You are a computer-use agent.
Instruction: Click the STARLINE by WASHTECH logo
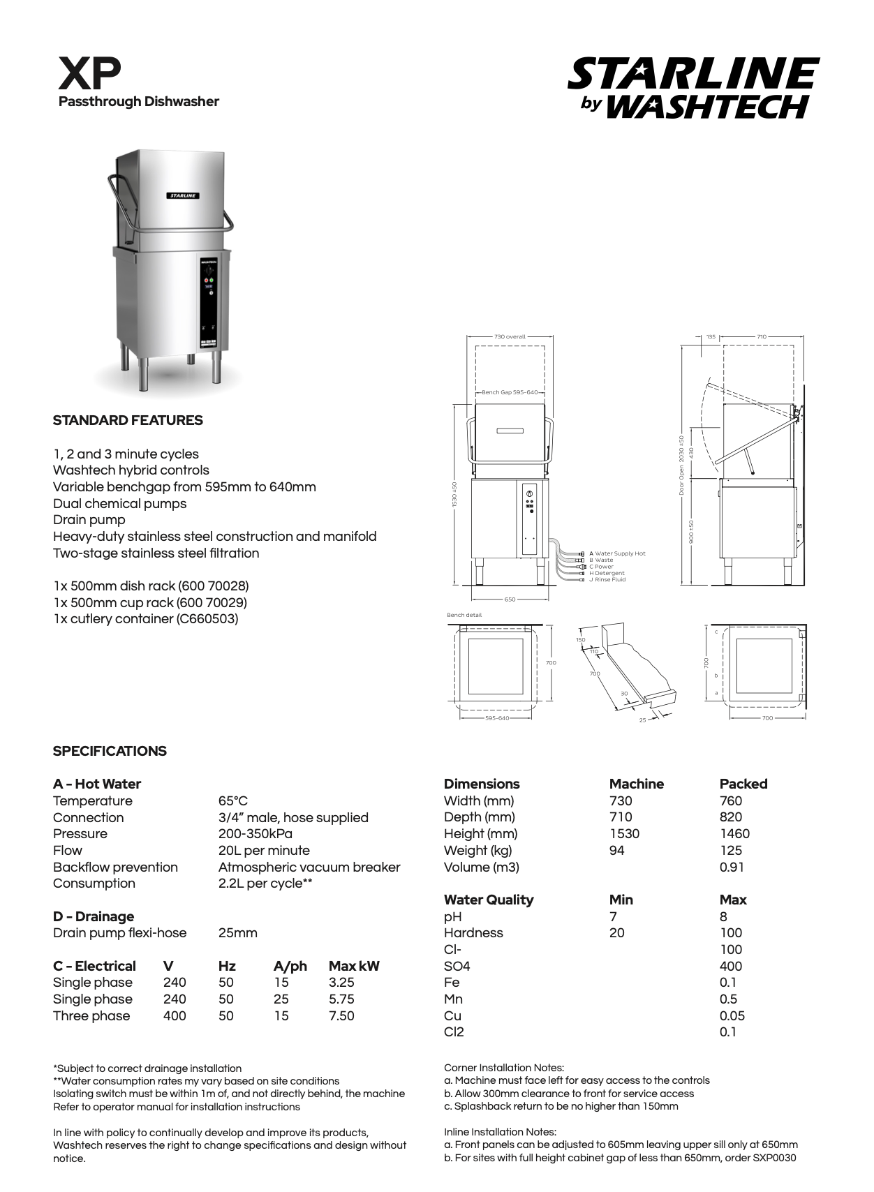point(693,88)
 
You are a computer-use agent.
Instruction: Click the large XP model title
point(89,73)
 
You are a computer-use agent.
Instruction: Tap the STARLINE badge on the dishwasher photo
point(183,195)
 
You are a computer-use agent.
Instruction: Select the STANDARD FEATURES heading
point(128,420)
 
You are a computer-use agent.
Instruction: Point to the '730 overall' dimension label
point(510,336)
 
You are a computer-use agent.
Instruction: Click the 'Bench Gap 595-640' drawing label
point(510,392)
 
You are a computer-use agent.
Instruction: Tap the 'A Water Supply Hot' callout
point(617,553)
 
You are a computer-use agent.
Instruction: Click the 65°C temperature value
point(233,801)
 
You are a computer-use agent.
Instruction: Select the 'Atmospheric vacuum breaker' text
point(309,867)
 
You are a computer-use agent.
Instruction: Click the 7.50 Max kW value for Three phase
point(341,1016)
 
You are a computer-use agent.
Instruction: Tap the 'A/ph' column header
point(290,967)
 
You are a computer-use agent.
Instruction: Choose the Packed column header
point(743,784)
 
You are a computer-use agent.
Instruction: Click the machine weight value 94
point(617,851)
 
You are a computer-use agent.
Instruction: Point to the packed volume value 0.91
point(732,867)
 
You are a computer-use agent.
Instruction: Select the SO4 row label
point(457,967)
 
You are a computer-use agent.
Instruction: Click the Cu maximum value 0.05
point(732,1016)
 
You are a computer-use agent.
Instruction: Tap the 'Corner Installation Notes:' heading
point(504,1068)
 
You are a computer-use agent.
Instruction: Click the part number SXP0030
point(774,1159)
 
